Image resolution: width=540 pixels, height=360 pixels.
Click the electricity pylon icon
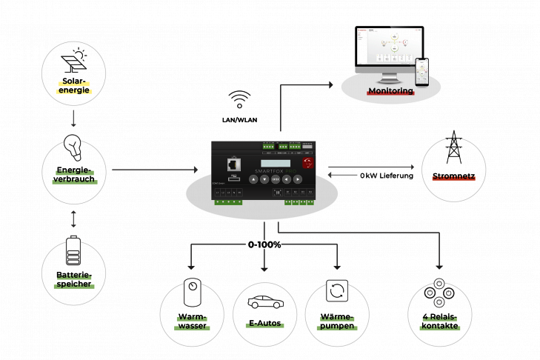click(453, 148)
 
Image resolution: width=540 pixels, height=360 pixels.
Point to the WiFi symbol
click(239, 99)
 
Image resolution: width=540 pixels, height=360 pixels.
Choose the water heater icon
click(192, 290)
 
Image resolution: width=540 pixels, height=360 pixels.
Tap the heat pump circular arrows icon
click(336, 290)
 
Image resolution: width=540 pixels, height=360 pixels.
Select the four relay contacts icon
click(439, 293)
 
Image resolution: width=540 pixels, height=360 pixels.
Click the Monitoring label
click(390, 91)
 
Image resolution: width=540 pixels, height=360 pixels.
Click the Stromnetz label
click(453, 177)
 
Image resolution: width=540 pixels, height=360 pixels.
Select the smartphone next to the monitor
click(422, 72)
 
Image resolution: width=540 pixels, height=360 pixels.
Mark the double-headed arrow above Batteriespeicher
click(73, 219)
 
